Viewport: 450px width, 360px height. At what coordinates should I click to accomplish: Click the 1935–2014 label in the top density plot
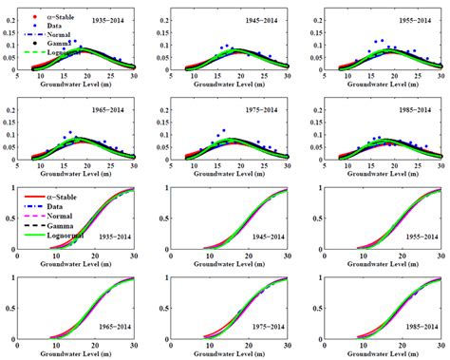click(105, 18)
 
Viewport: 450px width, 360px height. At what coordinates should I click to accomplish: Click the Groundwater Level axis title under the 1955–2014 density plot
click(383, 84)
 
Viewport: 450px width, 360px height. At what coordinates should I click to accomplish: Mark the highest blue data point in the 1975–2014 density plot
click(224, 130)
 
